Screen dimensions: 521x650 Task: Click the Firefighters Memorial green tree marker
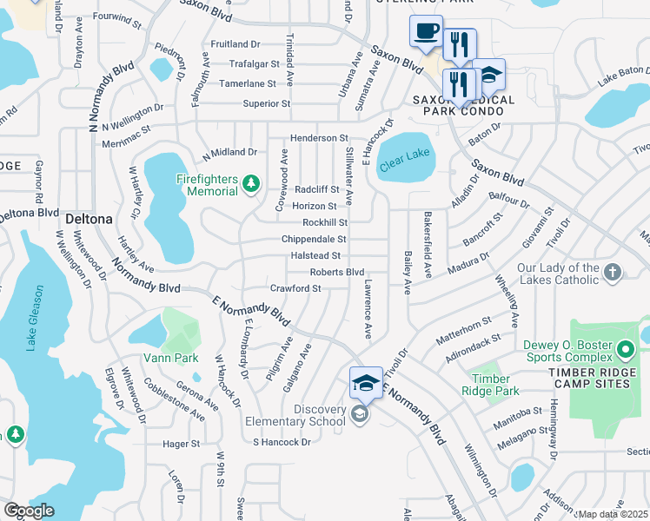pos(251,183)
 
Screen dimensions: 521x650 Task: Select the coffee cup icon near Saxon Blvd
pos(425,32)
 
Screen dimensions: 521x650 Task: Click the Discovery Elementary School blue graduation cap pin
pos(366,382)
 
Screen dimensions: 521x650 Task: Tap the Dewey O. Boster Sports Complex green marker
pos(625,352)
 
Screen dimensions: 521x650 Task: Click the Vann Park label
pos(171,358)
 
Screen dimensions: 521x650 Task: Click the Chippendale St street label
pos(313,239)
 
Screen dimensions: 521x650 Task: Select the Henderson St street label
pos(318,138)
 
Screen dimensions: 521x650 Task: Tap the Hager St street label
pos(181,443)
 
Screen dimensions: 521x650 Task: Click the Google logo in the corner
pos(29,511)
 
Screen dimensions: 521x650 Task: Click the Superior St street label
pos(266,103)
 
